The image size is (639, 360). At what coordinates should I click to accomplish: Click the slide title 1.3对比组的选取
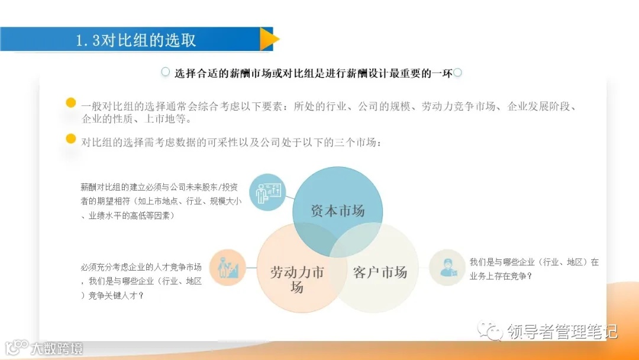coord(136,40)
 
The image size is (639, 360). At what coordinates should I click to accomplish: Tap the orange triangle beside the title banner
coord(269,39)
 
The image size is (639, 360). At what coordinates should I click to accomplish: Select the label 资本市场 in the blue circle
coord(338,210)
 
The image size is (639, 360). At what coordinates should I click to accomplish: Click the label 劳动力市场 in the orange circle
coord(297,279)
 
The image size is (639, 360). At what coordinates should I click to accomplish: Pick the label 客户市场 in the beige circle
coord(380,273)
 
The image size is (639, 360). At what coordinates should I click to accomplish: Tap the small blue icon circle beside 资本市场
coord(267,192)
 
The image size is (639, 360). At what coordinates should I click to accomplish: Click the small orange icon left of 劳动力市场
coord(228,268)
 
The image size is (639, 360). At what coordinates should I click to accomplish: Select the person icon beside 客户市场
coord(447,267)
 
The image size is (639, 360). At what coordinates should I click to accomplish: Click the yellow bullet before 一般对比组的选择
coord(71,103)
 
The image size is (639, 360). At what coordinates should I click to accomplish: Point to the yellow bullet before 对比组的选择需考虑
coord(71,139)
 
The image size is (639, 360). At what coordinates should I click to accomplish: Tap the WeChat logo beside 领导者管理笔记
coord(491,330)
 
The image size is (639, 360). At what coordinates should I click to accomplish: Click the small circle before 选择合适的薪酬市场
coord(166,72)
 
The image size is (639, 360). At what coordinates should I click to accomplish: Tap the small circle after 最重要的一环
coord(457,73)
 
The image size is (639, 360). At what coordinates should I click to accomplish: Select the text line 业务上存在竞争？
coord(500,275)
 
